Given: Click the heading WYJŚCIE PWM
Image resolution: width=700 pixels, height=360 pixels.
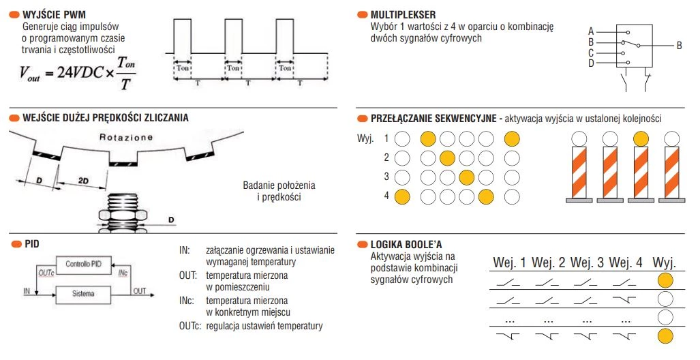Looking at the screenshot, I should (58, 14).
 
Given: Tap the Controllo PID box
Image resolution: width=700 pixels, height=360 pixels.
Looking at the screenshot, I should (82, 264).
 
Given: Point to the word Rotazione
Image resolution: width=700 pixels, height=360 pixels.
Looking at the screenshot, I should (127, 137).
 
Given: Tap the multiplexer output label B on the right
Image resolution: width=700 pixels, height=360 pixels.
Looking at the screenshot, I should (679, 46).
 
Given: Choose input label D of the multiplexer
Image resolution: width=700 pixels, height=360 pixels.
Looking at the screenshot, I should (591, 63).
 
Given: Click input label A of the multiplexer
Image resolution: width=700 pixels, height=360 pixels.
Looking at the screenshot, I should (591, 31).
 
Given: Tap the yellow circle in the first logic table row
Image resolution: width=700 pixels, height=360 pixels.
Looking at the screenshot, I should (665, 281).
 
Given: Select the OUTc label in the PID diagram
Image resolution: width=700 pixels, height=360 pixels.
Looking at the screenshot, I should (46, 272).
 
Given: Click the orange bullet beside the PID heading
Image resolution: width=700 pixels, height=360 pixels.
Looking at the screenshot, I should (15, 243).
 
